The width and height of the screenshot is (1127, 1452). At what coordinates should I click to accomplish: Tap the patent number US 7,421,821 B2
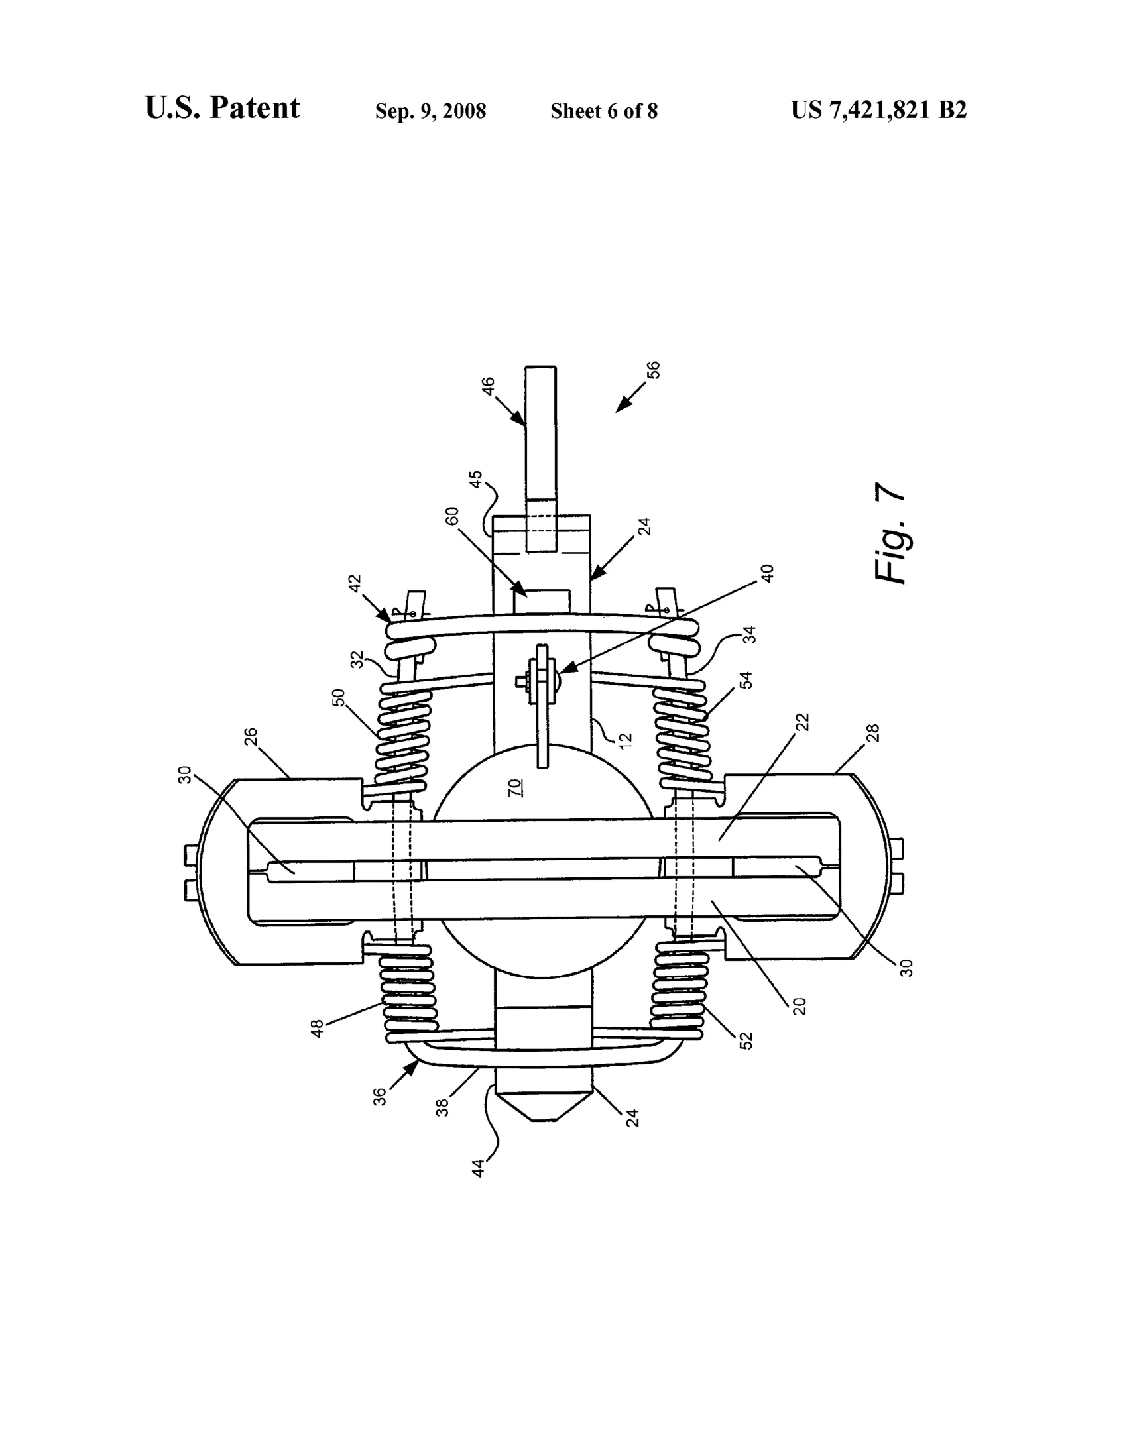(878, 110)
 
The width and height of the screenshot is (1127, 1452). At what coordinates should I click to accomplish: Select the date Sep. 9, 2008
(430, 111)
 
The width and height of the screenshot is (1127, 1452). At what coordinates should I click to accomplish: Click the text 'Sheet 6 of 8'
(604, 111)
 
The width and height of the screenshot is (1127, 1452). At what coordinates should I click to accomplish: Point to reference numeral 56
(654, 370)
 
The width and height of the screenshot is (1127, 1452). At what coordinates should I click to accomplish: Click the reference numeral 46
(488, 386)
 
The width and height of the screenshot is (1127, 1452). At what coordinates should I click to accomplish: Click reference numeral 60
(452, 516)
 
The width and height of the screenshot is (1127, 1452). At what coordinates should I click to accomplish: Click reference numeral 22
(803, 722)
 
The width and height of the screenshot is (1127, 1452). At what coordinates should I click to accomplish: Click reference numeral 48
(318, 1028)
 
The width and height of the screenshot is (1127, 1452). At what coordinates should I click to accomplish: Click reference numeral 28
(873, 733)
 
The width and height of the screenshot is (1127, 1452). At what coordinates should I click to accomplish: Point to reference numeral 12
(625, 737)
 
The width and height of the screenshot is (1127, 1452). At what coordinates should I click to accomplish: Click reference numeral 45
(476, 479)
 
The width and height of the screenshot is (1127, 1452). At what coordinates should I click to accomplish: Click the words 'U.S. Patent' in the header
(222, 107)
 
